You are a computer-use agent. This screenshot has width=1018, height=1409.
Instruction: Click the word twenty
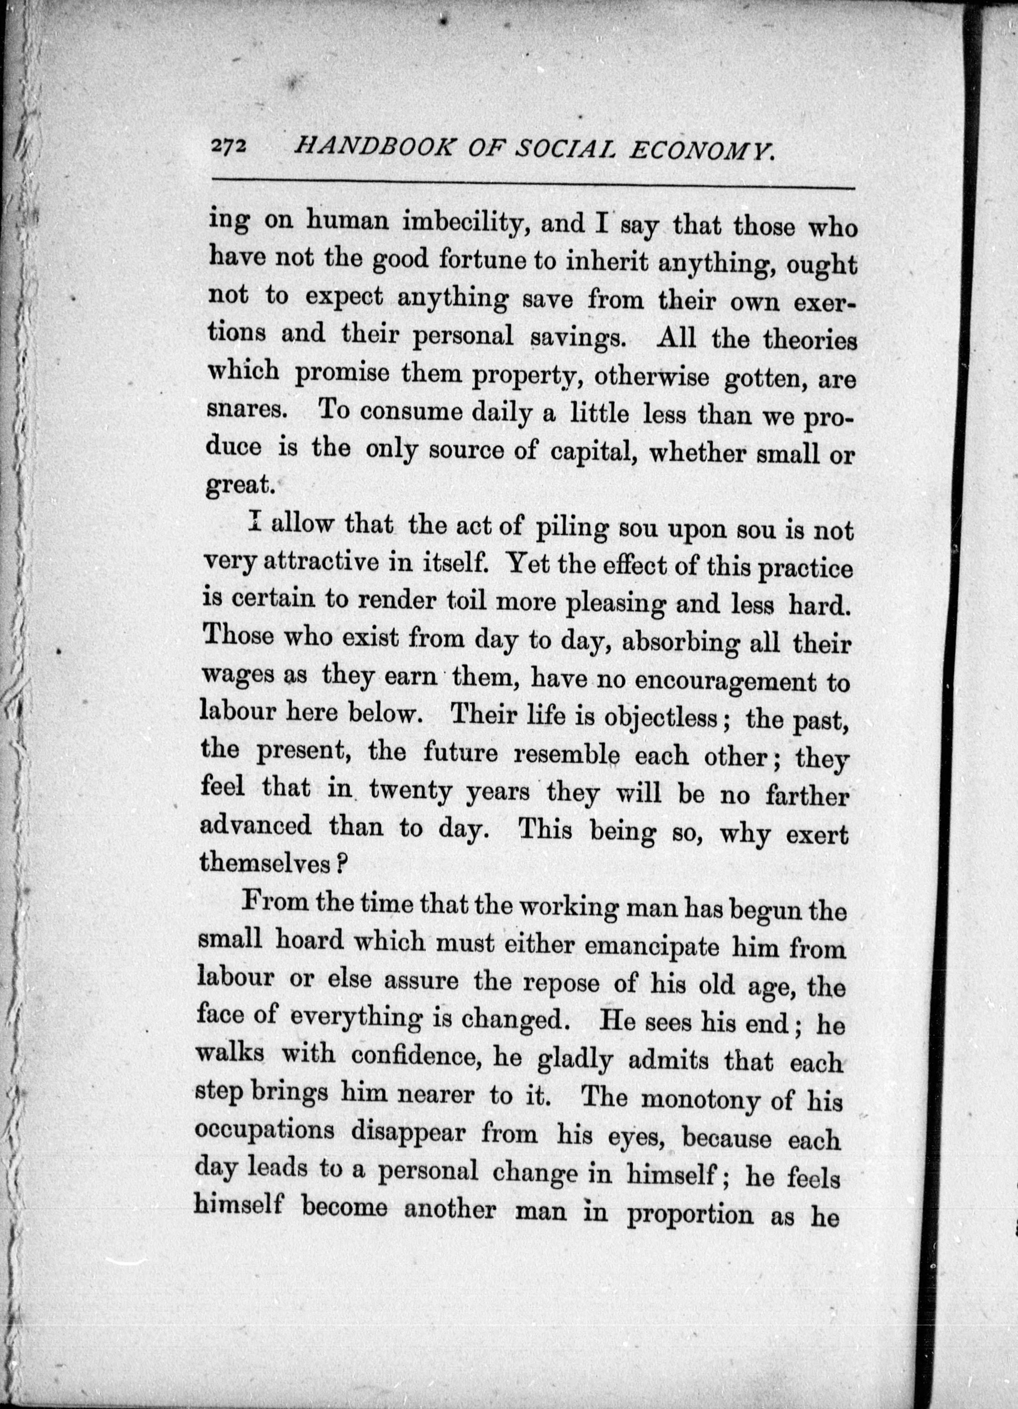click(410, 792)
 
